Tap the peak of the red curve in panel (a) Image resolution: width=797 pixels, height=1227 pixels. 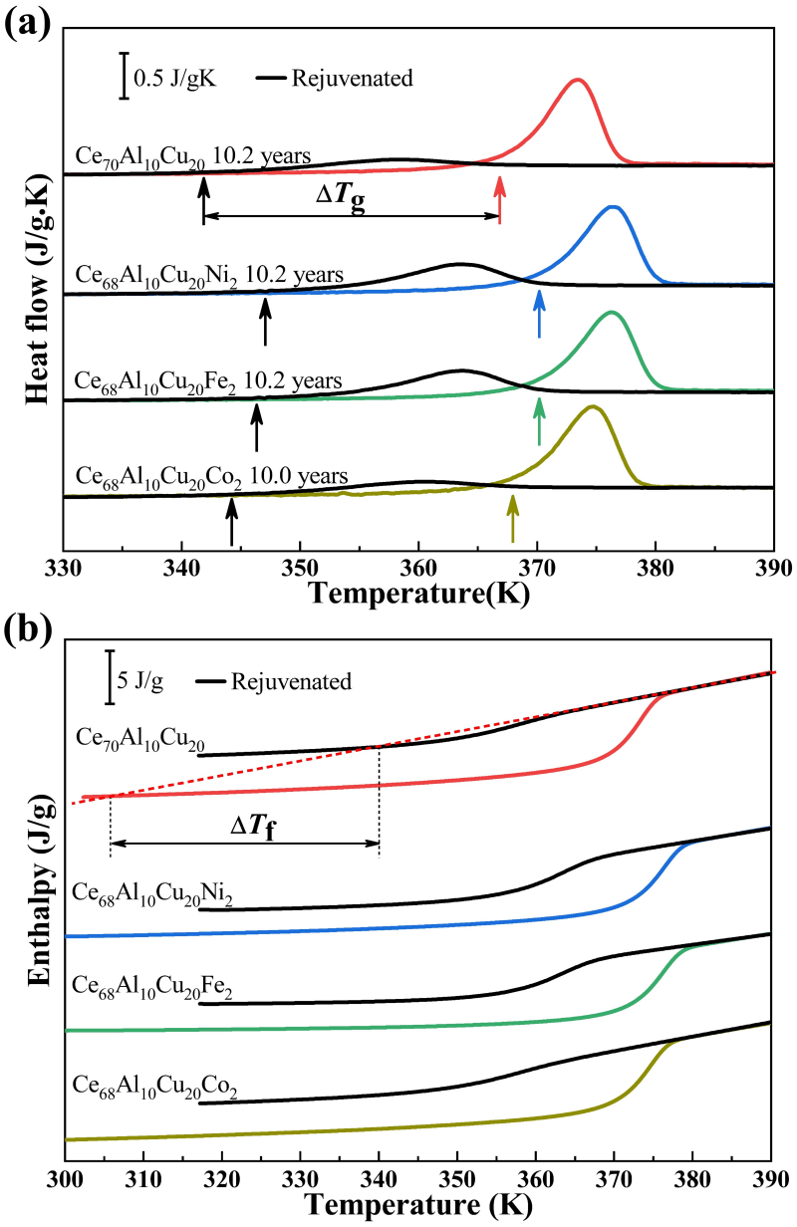click(576, 80)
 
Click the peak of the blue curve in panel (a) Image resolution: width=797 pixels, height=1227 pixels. click(614, 207)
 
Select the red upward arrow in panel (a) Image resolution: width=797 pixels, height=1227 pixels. click(500, 200)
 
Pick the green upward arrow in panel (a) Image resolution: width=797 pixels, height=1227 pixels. click(539, 420)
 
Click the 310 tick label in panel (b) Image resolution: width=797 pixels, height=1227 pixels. click(142, 1181)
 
